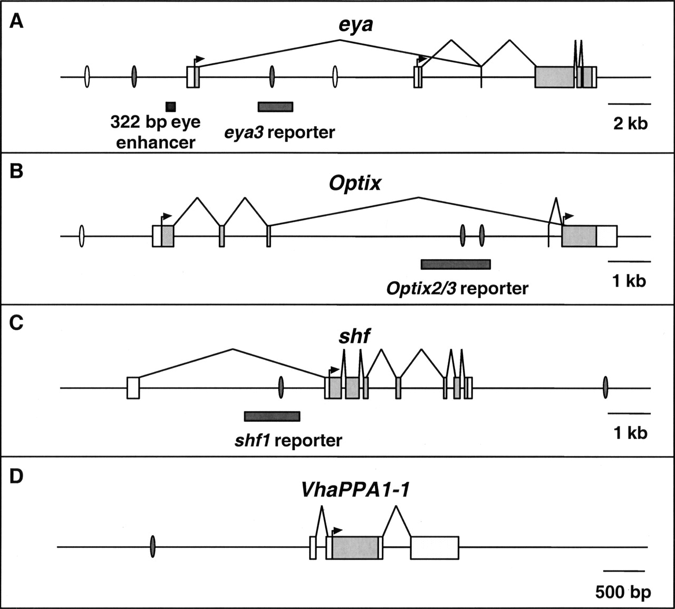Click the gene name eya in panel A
355,25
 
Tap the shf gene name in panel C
354,336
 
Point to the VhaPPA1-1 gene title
355,490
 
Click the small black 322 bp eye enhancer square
170,107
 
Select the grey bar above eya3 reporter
275,107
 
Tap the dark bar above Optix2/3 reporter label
456,264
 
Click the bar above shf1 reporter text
272,416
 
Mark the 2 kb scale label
630,123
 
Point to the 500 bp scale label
623,592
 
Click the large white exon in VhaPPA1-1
435,548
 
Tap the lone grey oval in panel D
152,547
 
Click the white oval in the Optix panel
81,236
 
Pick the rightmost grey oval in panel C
605,388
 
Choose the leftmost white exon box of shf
133,388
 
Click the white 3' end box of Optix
606,236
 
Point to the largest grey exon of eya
554,77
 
